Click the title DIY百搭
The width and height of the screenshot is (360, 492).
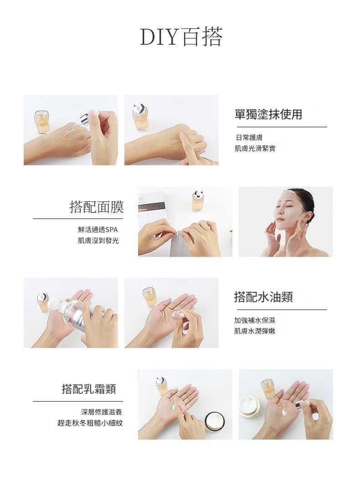[x=181, y=37]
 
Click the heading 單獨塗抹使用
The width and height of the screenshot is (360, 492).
[x=268, y=114]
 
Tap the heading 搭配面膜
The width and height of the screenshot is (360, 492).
[x=97, y=207]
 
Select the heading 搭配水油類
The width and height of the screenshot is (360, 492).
[x=263, y=297]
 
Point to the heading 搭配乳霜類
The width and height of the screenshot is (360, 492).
[x=89, y=389]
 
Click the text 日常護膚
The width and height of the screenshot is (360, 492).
[x=249, y=137]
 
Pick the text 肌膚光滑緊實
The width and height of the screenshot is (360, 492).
[x=255, y=148]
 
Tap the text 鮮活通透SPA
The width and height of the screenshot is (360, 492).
[x=98, y=230]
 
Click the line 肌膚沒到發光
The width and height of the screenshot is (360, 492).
[x=98, y=241]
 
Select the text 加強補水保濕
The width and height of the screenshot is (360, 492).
[x=255, y=321]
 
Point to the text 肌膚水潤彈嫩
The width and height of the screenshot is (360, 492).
[x=255, y=331]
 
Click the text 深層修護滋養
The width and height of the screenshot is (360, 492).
[x=102, y=412]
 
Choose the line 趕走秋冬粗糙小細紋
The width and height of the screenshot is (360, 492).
[x=90, y=423]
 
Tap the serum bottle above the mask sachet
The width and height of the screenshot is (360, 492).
[x=198, y=200]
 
